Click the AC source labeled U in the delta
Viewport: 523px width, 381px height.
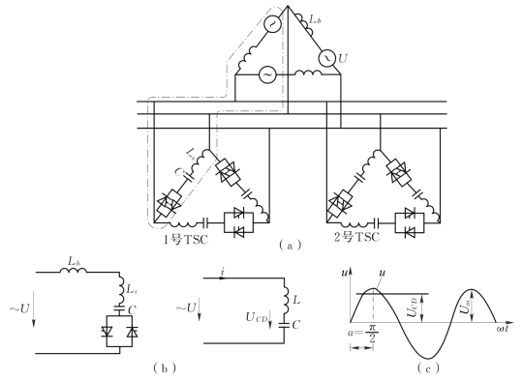pos(327,58)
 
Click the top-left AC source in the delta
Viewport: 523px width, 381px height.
pos(272,23)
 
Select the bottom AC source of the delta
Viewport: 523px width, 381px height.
pos(267,74)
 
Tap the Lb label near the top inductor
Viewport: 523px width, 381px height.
pos(315,19)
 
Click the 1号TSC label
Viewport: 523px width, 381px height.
pos(185,239)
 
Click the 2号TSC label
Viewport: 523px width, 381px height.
pos(356,237)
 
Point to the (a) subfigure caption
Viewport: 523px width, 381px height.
pos(291,246)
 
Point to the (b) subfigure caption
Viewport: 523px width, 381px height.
pos(165,367)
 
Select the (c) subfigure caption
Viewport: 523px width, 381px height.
pos(428,367)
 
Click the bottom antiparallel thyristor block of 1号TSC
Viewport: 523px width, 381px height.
pos(238,222)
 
